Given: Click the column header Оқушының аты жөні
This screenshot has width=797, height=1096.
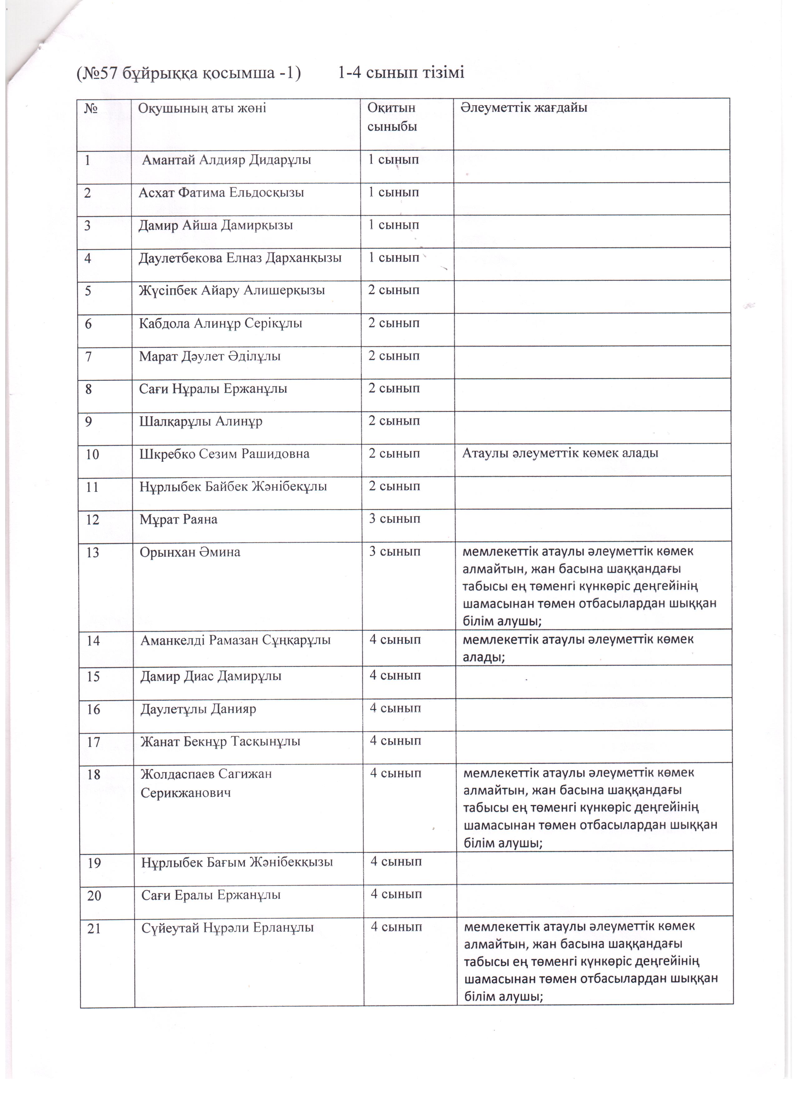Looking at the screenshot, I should coord(202,108).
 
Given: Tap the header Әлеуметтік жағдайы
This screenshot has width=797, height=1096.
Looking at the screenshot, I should coord(524,107).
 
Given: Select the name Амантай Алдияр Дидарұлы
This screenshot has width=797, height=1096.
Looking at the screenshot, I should coord(226,160).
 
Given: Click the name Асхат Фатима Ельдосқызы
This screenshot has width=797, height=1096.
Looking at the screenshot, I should coord(221,193).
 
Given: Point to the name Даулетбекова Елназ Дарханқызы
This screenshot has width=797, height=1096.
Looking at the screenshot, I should coord(240,258).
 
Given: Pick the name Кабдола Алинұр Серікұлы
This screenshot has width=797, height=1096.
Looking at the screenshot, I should coord(221,323).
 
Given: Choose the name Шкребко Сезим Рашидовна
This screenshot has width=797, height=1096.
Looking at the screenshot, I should coord(225,454).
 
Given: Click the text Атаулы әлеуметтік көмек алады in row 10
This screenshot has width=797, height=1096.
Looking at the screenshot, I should coord(561,453).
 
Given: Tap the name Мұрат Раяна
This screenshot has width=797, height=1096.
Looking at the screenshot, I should coord(179,520).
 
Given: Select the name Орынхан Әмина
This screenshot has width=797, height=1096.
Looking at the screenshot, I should coord(190,552).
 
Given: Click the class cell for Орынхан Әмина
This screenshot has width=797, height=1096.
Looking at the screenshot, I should coord(395,551).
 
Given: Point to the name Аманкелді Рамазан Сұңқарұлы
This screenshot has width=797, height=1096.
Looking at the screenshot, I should coord(236,641).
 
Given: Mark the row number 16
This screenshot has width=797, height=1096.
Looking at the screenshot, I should coord(93,709).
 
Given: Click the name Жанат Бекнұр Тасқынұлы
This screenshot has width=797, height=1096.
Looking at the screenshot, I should coord(220,742).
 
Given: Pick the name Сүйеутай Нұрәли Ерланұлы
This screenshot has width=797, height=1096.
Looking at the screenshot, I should coord(228,928).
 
